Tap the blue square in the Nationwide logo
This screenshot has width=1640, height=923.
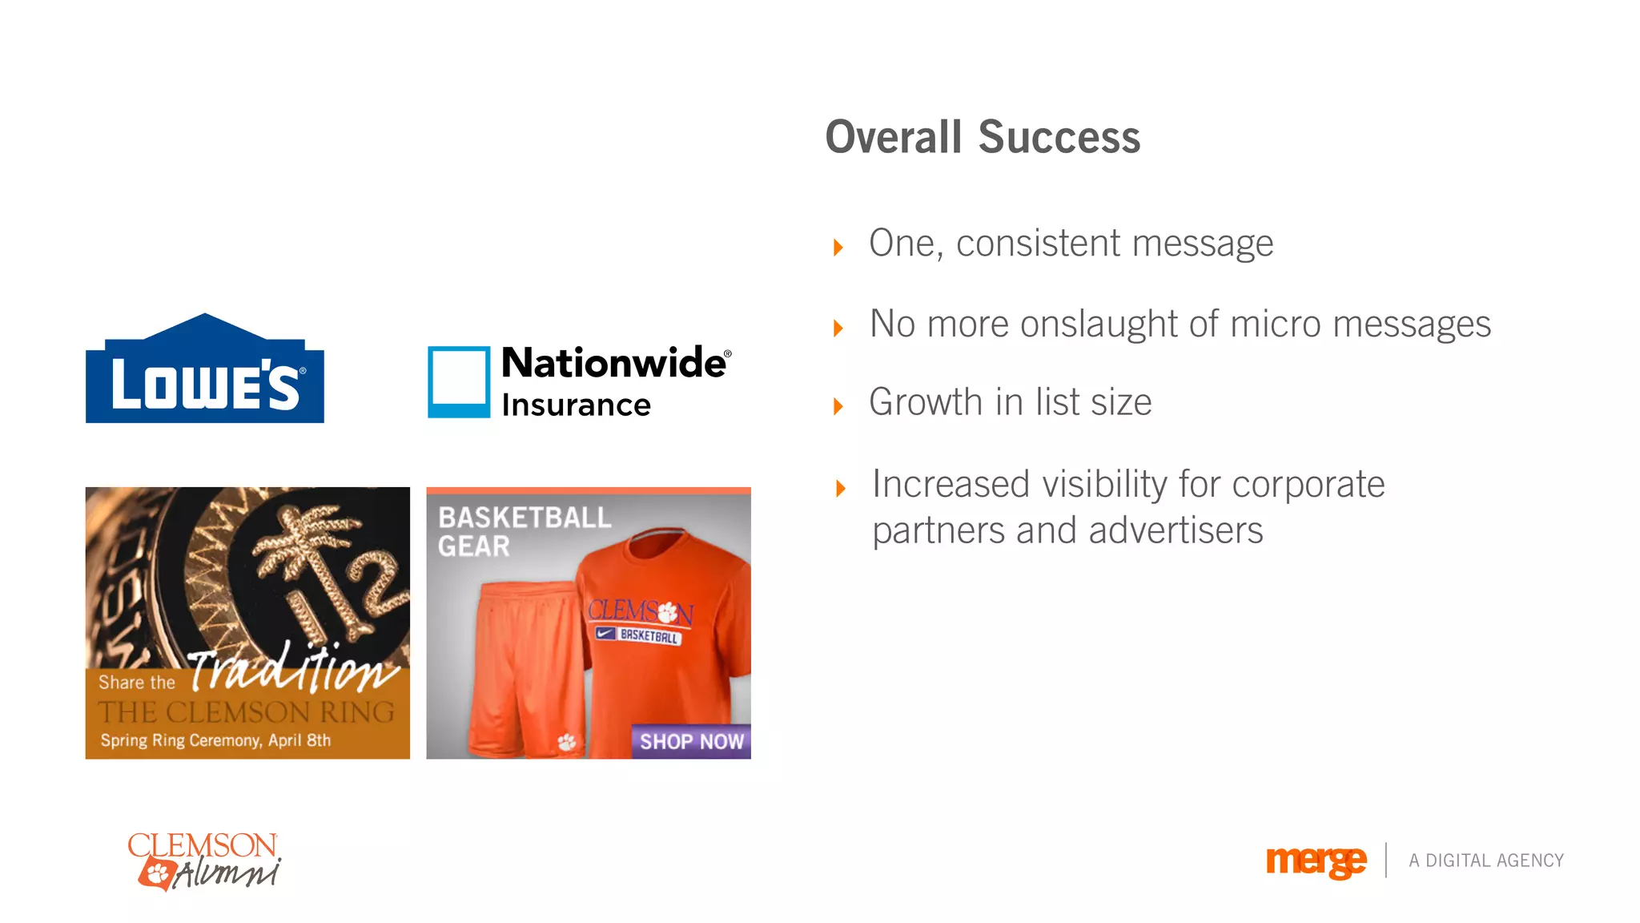pyautogui.click(x=458, y=381)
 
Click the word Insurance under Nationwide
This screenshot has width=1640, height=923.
pyautogui.click(x=576, y=405)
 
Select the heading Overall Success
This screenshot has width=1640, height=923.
pyautogui.click(x=982, y=137)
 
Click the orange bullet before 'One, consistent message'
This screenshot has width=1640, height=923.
pyautogui.click(x=838, y=247)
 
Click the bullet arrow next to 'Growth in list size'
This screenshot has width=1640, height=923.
pyautogui.click(x=838, y=406)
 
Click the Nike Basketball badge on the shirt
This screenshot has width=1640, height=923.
pyautogui.click(x=637, y=635)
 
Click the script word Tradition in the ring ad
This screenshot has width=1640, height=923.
pyautogui.click(x=292, y=669)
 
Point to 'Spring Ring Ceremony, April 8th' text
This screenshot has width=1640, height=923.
pyautogui.click(x=215, y=740)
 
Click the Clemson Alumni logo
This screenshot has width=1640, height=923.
pyautogui.click(x=204, y=861)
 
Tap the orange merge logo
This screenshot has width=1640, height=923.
pyautogui.click(x=1315, y=861)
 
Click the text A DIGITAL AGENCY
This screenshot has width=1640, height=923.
pyautogui.click(x=1485, y=861)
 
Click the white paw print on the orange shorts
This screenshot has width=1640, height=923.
pyautogui.click(x=567, y=742)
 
